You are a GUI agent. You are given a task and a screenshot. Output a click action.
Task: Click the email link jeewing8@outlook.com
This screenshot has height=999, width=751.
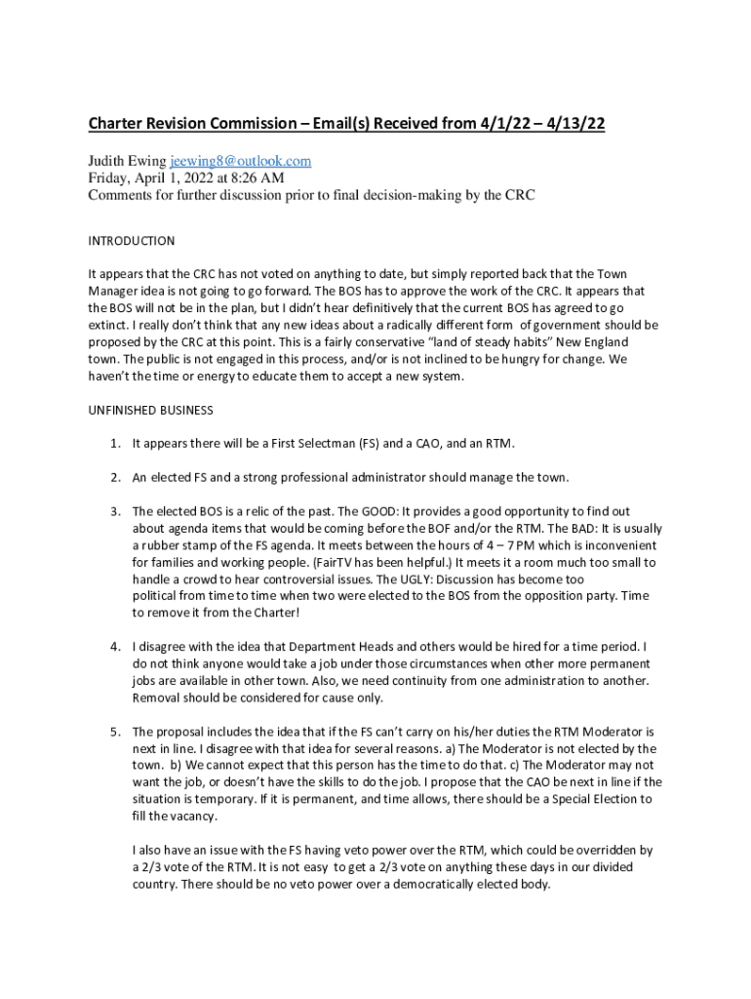[x=241, y=161]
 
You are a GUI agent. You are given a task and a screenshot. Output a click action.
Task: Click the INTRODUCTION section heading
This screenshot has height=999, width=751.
[x=132, y=241]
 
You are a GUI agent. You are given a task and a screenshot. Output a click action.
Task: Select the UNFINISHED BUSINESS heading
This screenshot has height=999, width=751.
[x=151, y=410]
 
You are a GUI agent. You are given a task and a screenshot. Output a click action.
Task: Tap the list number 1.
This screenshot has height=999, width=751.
[x=114, y=444]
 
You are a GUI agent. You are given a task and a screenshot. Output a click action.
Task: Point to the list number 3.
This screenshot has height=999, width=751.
[x=114, y=510]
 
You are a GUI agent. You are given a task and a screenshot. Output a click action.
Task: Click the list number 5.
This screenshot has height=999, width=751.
[x=114, y=732]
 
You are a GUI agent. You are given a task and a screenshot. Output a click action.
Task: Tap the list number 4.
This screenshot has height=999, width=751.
[x=114, y=647]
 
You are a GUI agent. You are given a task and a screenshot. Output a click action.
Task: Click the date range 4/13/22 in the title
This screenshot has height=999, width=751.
[x=574, y=124]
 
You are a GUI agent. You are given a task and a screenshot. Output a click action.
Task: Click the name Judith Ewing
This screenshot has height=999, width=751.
[x=127, y=161]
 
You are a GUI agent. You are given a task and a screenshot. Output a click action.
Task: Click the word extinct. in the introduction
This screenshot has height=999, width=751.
[x=107, y=325]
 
